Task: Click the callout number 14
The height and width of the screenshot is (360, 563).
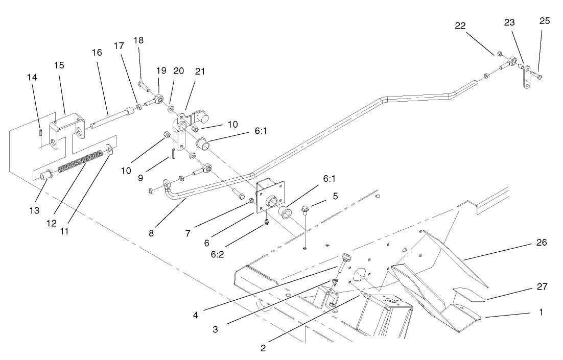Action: click(x=32, y=78)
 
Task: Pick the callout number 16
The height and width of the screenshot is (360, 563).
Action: click(x=97, y=53)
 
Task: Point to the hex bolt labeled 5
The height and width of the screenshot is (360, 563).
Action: click(x=304, y=209)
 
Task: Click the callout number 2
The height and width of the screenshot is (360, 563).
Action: click(x=263, y=348)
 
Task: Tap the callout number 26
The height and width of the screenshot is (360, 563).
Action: click(x=542, y=243)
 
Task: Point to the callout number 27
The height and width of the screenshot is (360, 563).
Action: click(x=542, y=287)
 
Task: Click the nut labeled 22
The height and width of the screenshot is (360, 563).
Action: click(x=500, y=53)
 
